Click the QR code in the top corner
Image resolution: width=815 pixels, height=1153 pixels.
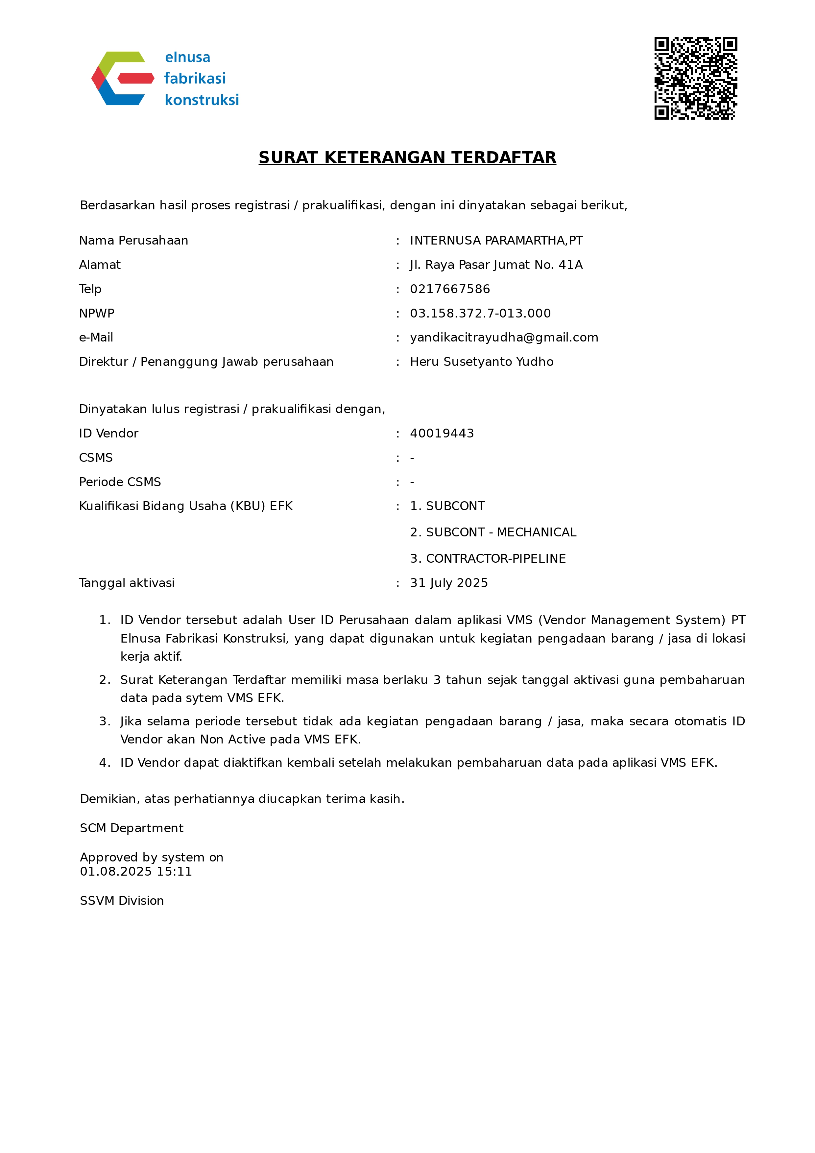point(695,78)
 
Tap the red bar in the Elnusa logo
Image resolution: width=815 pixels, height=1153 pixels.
point(135,78)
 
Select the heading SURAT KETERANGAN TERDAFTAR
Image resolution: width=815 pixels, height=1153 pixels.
point(407,158)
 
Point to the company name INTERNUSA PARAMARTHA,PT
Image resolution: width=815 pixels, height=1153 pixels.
point(496,241)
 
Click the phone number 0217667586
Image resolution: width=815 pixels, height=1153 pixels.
point(450,289)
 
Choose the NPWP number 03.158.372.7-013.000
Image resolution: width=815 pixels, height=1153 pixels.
point(480,313)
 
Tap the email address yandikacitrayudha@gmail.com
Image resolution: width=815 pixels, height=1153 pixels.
point(504,338)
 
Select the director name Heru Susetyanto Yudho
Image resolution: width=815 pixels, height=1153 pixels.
point(482,362)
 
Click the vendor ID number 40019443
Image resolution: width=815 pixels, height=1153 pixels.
point(442,434)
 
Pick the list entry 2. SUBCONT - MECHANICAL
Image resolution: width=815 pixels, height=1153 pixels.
point(493,532)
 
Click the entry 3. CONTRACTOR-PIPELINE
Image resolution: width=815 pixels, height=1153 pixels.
point(488,558)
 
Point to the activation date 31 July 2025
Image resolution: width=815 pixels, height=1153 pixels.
point(449,583)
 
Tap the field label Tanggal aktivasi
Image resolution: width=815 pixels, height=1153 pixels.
point(127,583)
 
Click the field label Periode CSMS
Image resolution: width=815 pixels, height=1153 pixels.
point(120,482)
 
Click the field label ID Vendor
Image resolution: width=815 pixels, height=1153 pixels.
point(108,434)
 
